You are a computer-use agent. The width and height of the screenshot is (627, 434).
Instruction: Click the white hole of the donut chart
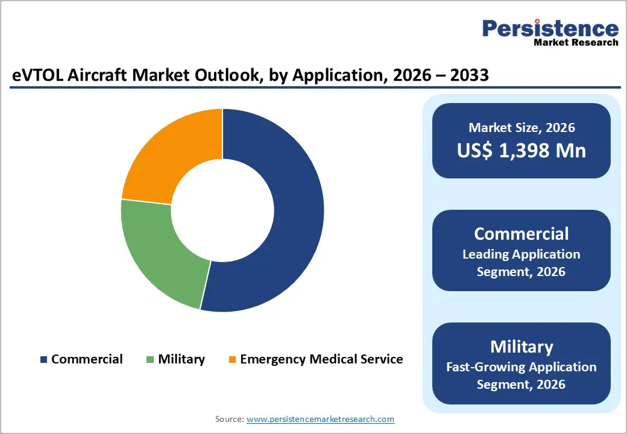(x=222, y=211)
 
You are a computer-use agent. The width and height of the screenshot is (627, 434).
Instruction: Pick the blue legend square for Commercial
(x=43, y=360)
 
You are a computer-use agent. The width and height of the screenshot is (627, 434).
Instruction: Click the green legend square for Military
(x=150, y=360)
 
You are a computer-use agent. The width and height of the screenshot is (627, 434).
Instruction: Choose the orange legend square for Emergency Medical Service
(x=232, y=360)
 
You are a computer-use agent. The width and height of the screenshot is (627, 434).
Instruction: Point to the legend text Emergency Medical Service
(x=321, y=359)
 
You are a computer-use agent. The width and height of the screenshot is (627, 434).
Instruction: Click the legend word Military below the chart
(x=181, y=359)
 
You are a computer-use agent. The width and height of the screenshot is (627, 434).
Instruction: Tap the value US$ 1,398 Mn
(x=521, y=150)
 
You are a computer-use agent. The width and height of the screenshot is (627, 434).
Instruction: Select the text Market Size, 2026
(x=521, y=127)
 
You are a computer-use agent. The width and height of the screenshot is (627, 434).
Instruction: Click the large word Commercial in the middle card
(x=521, y=234)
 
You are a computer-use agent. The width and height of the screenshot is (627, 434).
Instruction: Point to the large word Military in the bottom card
(x=521, y=347)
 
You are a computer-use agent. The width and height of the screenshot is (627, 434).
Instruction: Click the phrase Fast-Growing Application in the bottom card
(x=521, y=366)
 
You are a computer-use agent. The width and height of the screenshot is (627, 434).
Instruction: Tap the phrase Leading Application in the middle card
(x=521, y=254)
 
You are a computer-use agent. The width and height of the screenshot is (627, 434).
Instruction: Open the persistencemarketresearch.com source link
(x=320, y=418)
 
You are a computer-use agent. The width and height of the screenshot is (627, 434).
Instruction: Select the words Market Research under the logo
(x=575, y=42)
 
